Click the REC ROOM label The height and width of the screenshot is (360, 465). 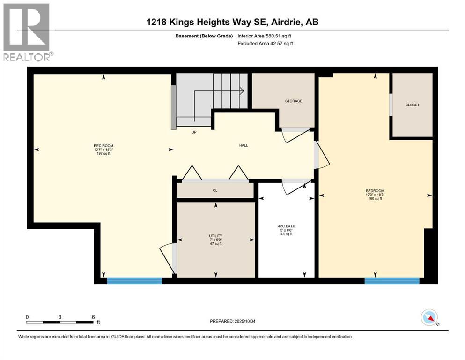coord(103,145)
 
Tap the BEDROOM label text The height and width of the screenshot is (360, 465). coord(375,190)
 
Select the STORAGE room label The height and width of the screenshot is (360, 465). coord(294,101)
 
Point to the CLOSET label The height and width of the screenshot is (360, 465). coord(412,105)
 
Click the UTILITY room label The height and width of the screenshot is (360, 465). coord(215,236)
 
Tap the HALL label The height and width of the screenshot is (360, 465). coord(244,145)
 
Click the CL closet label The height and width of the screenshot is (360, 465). coord(215,190)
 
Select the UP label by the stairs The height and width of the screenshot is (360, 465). coord(193,132)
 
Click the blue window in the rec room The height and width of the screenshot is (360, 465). coord(134,281)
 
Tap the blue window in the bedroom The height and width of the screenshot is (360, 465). coord(392,281)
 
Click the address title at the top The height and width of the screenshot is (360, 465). coord(232,22)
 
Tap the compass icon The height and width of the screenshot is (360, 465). coord(429,318)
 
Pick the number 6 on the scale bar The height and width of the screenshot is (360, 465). coord(93,317)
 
